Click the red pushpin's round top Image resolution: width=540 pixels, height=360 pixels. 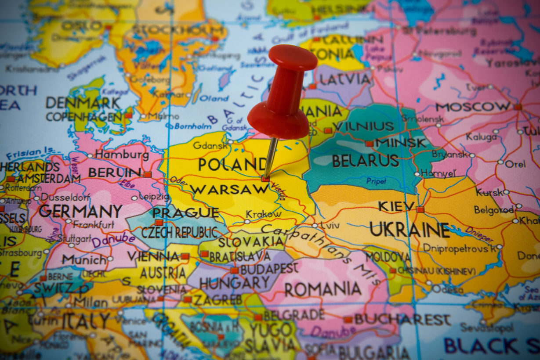point(293,57)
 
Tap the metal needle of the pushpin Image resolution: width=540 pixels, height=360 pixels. point(270,156)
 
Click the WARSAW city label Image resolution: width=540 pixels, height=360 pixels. point(228,190)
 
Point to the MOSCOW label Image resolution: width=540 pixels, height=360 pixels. point(473,107)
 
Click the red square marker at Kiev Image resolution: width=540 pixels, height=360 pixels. point(420,209)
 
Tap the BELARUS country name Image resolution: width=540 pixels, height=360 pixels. point(365,161)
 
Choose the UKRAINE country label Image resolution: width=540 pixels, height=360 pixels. point(409,230)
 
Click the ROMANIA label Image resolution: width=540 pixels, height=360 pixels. point(323,290)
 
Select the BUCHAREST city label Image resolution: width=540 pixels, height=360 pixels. point(402,320)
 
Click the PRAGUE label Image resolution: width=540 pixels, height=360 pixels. point(185,213)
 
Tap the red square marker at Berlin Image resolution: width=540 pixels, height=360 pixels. point(148,174)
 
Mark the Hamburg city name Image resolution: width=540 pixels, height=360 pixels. point(122,155)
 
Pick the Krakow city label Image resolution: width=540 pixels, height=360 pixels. point(264,214)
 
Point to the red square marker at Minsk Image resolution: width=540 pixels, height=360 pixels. point(369,144)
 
